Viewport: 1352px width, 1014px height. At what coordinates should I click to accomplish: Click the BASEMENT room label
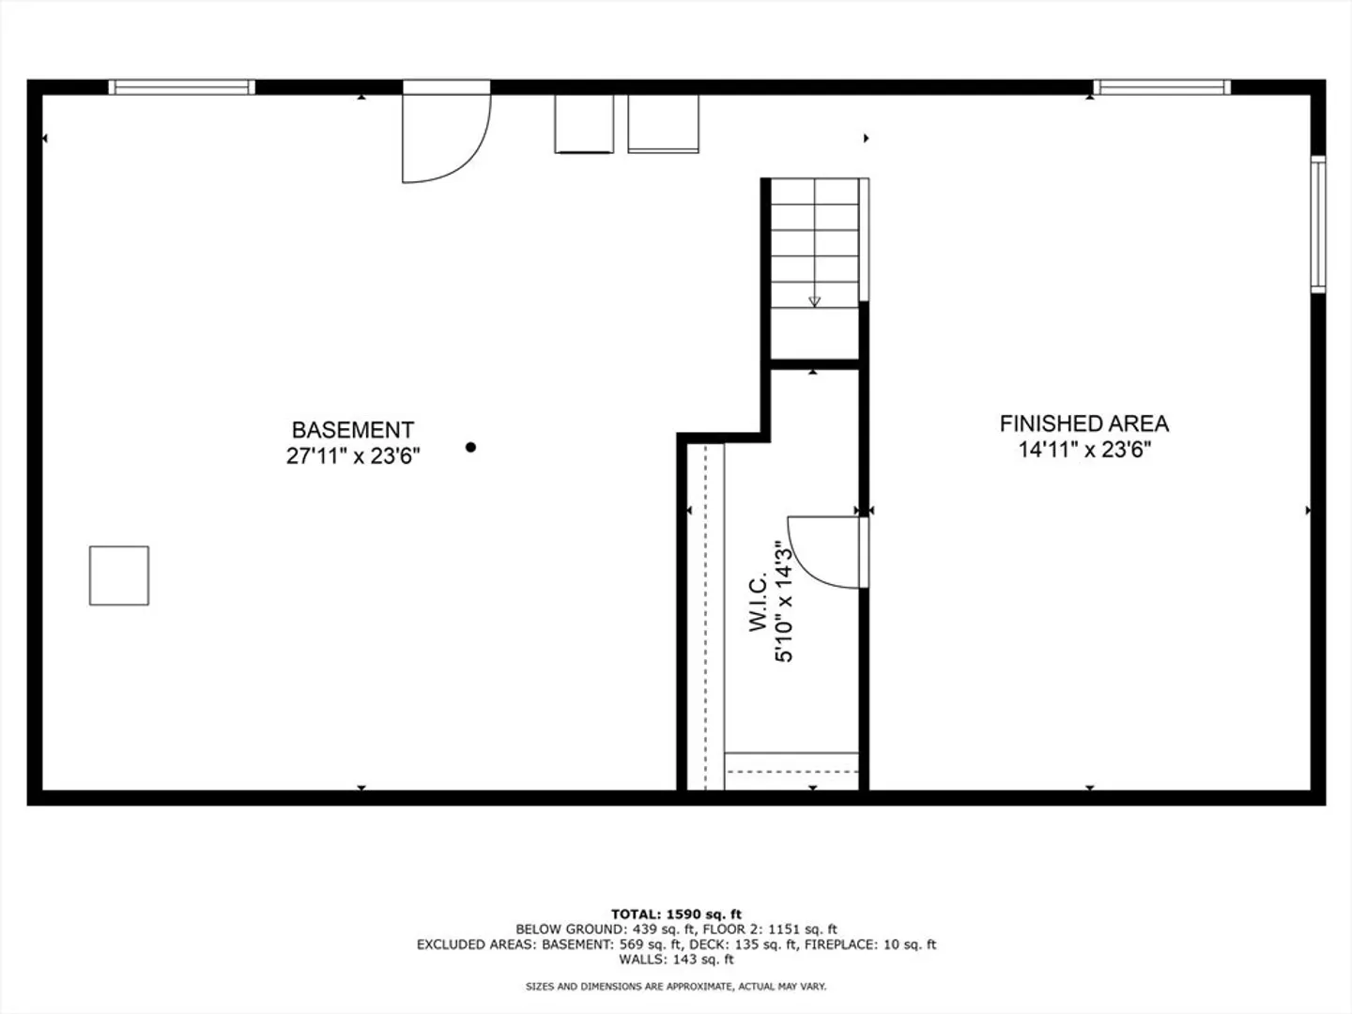(352, 430)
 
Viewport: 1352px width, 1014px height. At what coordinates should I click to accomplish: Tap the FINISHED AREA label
(1084, 423)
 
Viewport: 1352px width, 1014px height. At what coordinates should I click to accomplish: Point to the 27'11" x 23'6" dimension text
(353, 456)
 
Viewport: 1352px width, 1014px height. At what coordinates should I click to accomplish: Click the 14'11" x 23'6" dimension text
(1084, 450)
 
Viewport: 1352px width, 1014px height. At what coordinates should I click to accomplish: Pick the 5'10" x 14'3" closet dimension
(783, 602)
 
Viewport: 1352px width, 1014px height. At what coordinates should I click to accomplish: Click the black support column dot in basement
(470, 447)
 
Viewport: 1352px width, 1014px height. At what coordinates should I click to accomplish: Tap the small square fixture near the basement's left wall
(119, 576)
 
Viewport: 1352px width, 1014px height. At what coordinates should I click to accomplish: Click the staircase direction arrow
(814, 301)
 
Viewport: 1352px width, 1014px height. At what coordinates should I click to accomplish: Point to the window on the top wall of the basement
(182, 87)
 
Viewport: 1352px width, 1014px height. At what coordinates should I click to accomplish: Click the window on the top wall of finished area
(1161, 87)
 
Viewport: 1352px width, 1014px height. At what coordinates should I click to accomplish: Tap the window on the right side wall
(1317, 224)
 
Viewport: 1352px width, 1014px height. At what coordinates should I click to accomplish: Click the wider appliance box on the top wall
(664, 124)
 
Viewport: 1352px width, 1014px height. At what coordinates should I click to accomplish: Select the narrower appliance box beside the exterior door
(584, 124)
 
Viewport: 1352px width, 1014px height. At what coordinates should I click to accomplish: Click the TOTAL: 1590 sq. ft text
(676, 914)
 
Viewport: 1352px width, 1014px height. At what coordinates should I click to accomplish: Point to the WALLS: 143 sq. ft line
(676, 960)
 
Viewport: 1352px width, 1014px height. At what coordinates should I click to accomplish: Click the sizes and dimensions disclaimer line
(676, 986)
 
